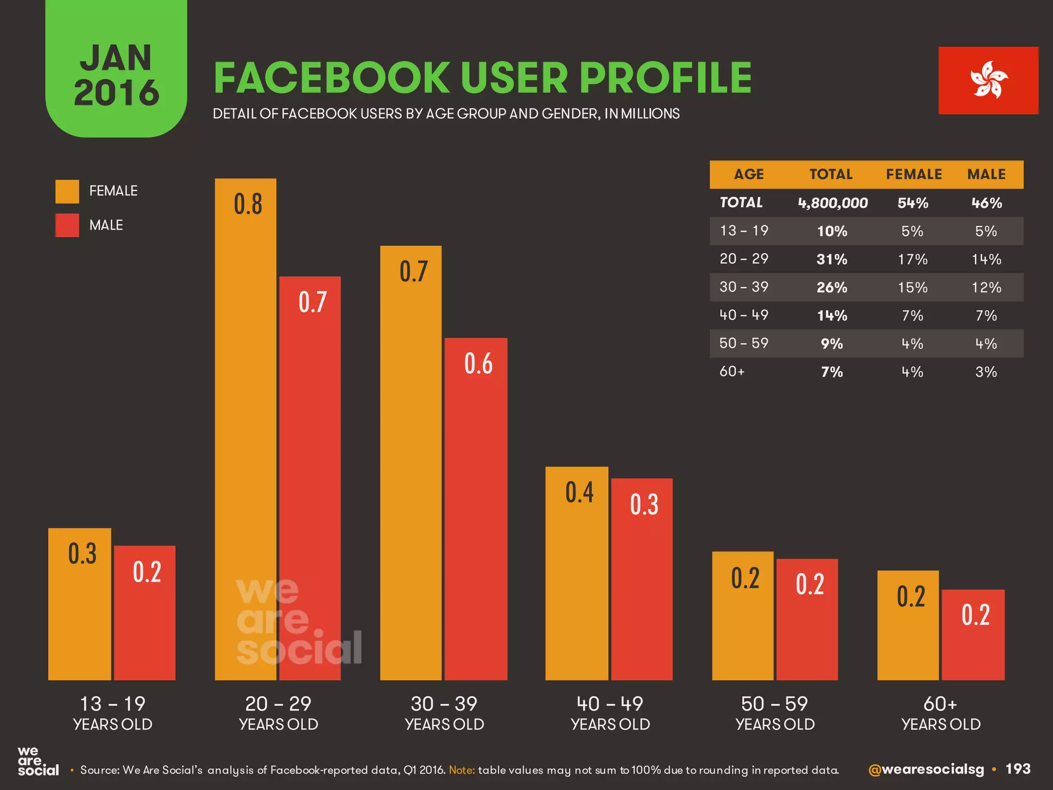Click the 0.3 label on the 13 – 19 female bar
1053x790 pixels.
coord(82,554)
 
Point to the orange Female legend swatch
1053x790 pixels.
coord(67,191)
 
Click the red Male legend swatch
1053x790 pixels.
coord(67,225)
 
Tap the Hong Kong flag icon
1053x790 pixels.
coord(988,80)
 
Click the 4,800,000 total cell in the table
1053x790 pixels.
coord(832,203)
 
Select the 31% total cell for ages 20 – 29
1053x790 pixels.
coord(831,259)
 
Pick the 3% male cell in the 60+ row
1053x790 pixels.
coord(986,372)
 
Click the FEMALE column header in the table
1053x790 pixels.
coord(914,174)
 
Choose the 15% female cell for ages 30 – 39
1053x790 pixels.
coord(913,288)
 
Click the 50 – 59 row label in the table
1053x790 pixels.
coord(743,343)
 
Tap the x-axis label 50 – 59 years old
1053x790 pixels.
coord(775,713)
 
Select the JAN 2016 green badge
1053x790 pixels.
coord(116,72)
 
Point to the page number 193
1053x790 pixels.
coord(1018,769)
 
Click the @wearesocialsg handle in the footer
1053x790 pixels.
coord(925,769)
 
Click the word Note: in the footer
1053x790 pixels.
coord(462,770)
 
